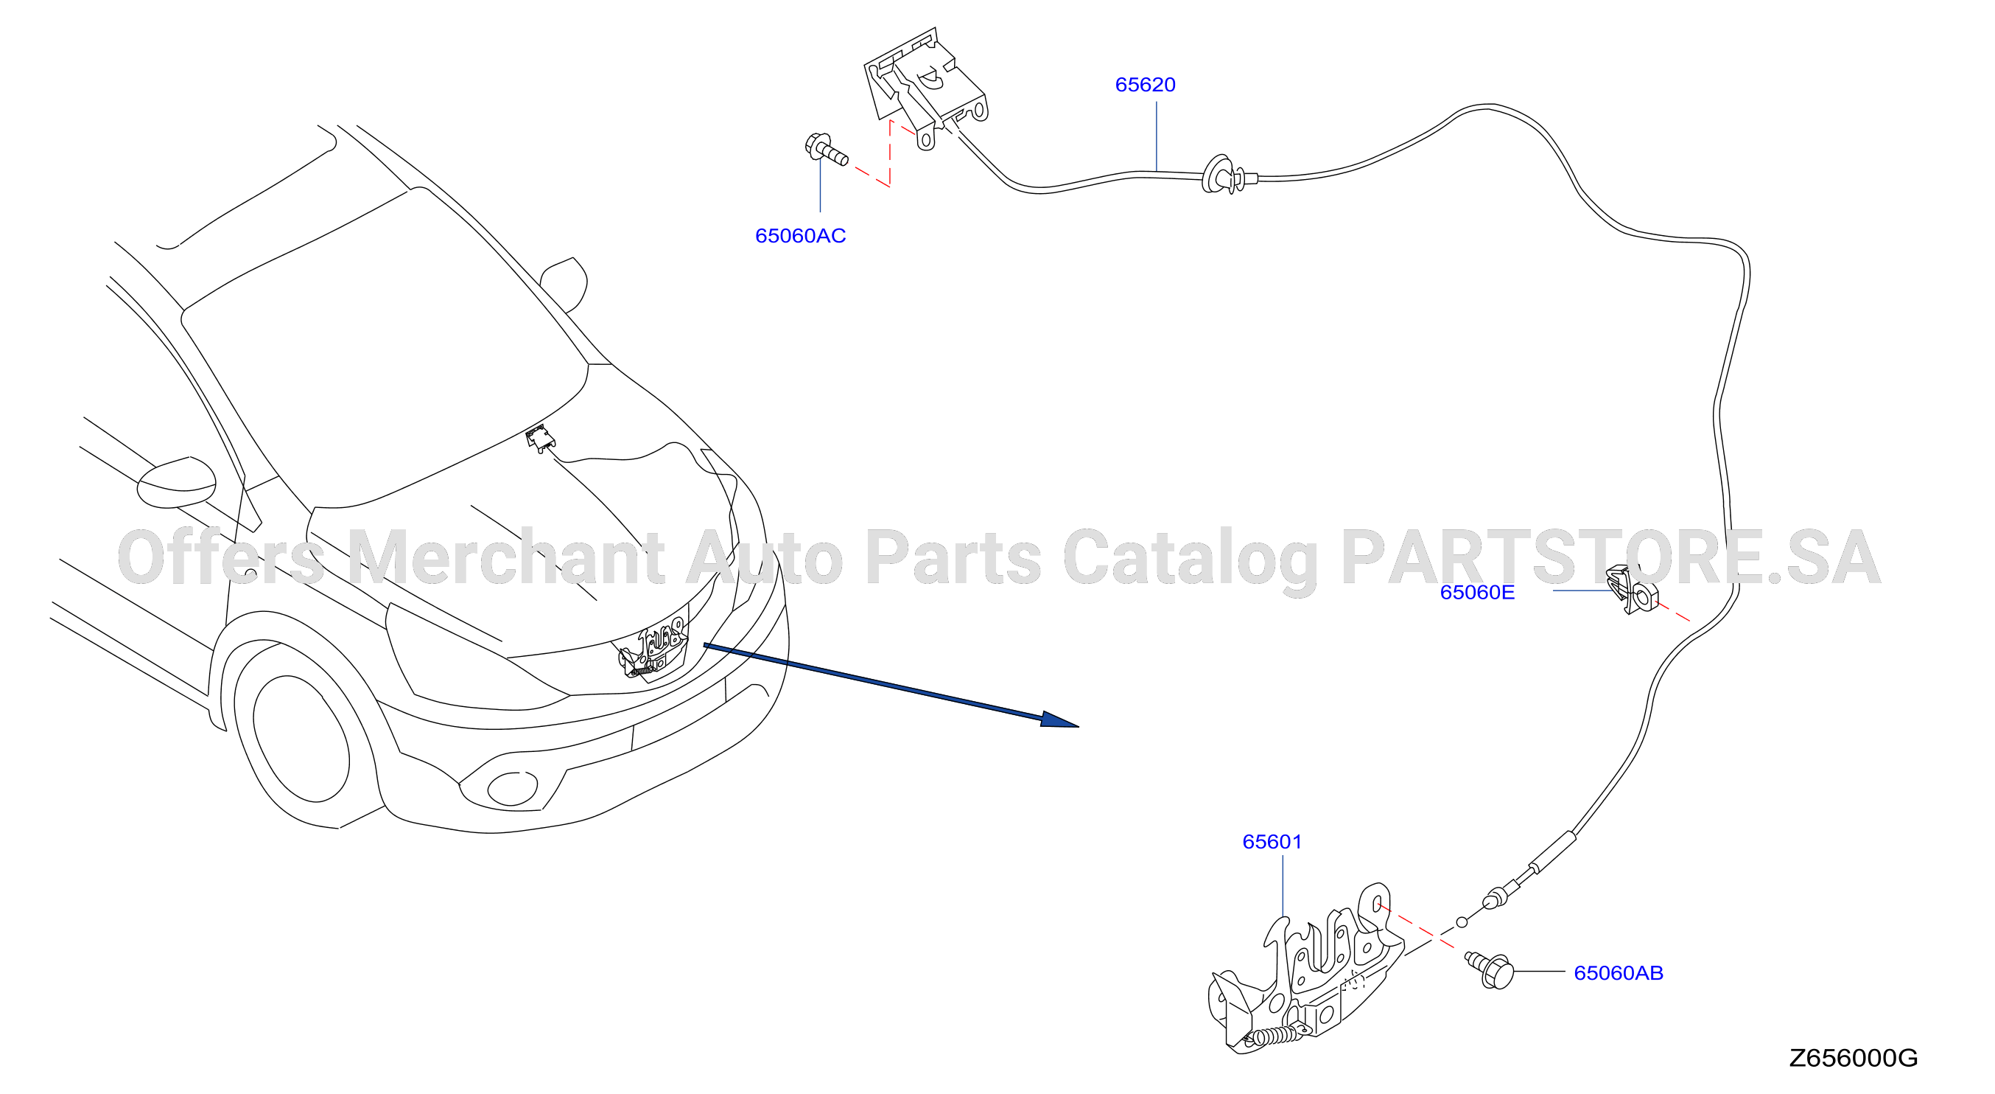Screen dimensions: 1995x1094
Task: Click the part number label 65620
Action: (1145, 85)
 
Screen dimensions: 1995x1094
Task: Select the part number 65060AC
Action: (800, 236)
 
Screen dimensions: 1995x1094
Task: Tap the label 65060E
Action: (1477, 592)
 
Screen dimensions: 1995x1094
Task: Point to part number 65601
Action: (1272, 841)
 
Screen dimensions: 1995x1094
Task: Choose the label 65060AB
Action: (1618, 972)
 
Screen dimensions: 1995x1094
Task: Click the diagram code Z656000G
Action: (1853, 1058)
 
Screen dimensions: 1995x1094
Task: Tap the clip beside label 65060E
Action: (1633, 589)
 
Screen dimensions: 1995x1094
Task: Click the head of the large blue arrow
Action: (1059, 720)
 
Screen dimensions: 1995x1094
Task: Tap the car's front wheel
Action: (301, 739)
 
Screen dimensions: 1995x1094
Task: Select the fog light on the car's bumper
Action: (511, 788)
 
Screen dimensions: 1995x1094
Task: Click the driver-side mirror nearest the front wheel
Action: (177, 481)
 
